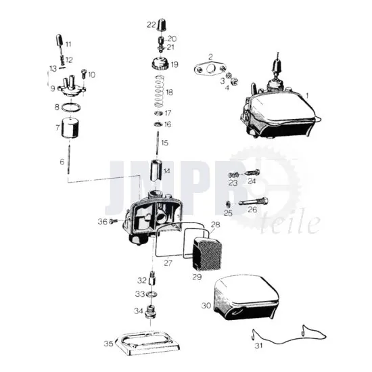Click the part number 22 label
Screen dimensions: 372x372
[x=151, y=24]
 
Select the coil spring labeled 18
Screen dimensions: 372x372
[x=160, y=91]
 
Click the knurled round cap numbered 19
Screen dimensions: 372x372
[x=160, y=64]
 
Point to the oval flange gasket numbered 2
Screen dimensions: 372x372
[x=210, y=68]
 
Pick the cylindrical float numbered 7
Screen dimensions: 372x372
[x=70, y=128]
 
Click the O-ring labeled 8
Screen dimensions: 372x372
[x=71, y=108]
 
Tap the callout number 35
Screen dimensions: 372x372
[x=108, y=344]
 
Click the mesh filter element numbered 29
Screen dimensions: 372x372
[x=207, y=254]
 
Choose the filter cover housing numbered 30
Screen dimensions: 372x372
[x=246, y=298]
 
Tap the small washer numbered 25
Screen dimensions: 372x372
[x=228, y=204]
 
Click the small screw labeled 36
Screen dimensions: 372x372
[x=114, y=222]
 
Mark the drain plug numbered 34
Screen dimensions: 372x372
[x=150, y=312]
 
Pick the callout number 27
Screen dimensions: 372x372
[x=168, y=263]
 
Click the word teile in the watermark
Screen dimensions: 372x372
[x=290, y=223]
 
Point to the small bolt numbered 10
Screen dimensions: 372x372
[x=84, y=74]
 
